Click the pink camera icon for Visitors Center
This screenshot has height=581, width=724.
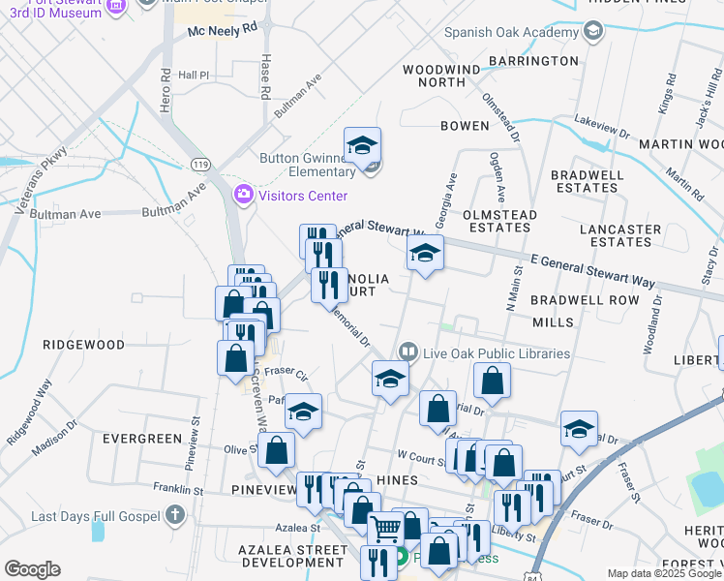click(x=243, y=196)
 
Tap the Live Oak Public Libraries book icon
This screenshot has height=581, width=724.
click(x=408, y=353)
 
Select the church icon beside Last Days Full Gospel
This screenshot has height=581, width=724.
click(x=174, y=516)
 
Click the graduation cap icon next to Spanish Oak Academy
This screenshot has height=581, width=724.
click(x=592, y=32)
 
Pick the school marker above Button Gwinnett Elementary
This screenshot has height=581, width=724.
click(x=362, y=147)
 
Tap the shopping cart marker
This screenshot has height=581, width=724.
click(x=385, y=530)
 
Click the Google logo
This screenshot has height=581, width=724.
click(x=32, y=569)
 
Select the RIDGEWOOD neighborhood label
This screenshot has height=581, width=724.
click(x=83, y=345)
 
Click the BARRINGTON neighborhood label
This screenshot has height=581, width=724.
click(x=533, y=61)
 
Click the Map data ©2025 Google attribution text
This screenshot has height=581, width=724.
click(x=664, y=573)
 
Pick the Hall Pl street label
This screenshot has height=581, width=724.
click(x=194, y=75)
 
